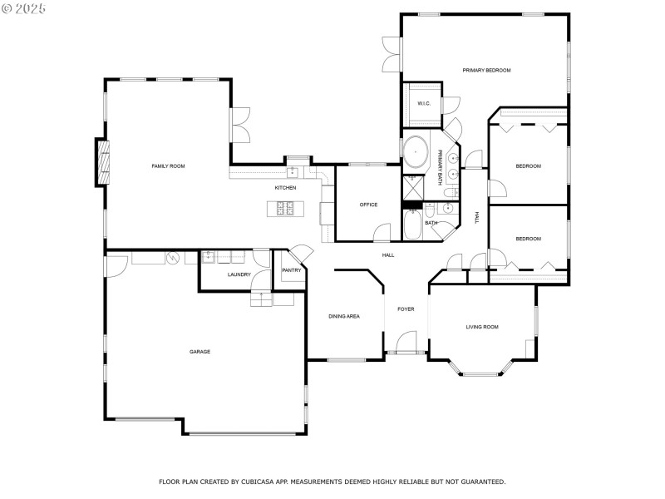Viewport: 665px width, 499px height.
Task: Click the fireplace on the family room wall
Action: pos(102,162)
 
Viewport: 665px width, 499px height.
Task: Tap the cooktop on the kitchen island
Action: pos(285,209)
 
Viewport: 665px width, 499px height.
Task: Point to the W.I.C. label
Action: pos(423,104)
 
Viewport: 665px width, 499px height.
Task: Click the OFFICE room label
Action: pos(368,205)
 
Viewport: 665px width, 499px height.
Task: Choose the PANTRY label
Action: pos(291,270)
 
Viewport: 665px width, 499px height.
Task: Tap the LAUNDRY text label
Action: pos(239,274)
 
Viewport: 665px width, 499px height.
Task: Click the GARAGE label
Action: pos(199,352)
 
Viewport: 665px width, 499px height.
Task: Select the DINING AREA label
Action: pos(343,316)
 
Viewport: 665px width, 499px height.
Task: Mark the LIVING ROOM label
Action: pos(481,327)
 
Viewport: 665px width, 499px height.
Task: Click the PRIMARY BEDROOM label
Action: pos(486,70)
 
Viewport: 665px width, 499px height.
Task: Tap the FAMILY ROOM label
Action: pos(168,166)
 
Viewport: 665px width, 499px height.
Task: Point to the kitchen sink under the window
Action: pos(293,172)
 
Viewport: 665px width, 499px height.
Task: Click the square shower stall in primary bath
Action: pos(412,185)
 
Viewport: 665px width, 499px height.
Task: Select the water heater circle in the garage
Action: pos(173,259)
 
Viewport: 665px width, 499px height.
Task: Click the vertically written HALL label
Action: pos(476,217)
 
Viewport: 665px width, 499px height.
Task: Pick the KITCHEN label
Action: pos(285,188)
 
